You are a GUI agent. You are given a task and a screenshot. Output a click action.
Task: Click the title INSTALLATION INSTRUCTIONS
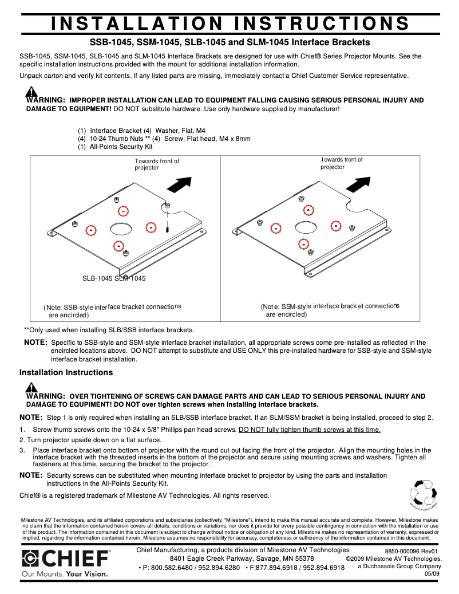point(230,23)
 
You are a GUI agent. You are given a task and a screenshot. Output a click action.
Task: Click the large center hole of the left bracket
point(121,229)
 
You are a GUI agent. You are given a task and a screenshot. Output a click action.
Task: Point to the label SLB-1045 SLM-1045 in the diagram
point(114,278)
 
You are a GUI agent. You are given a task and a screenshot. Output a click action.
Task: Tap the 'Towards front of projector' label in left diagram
point(157,164)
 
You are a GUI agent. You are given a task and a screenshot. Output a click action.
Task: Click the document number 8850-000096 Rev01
point(410,551)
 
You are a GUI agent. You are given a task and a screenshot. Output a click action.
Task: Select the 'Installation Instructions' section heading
point(66,372)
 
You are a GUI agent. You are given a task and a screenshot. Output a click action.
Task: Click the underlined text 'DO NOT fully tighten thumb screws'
point(309,430)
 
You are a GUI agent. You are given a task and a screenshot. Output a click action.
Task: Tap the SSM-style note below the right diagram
point(329,310)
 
